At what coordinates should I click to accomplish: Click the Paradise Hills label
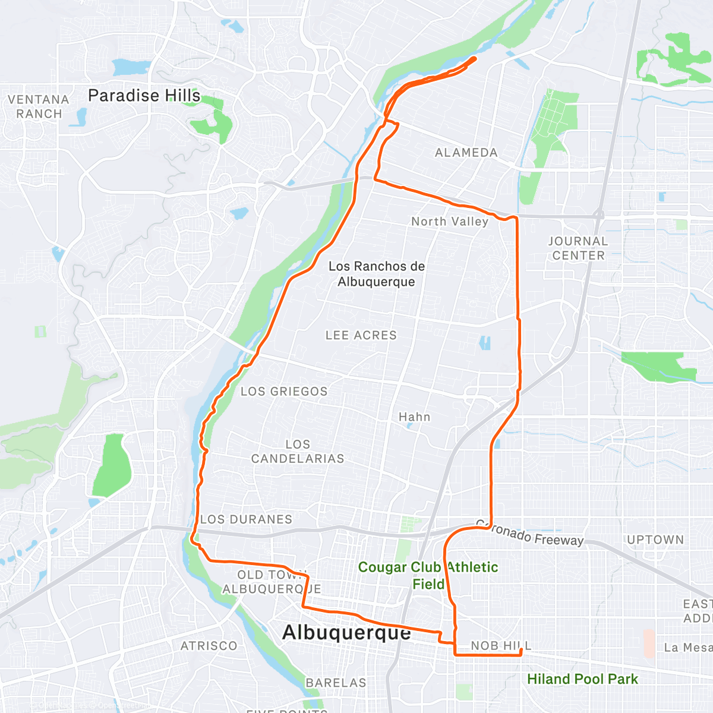144,96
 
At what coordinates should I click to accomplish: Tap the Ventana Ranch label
39,107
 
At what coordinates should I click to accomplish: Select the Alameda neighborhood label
466,153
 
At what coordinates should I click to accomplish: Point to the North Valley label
449,222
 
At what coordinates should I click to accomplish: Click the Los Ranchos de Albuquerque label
377,274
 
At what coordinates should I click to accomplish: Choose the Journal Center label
578,248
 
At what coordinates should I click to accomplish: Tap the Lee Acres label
361,335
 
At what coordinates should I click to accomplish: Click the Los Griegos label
284,392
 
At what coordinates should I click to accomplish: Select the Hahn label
414,417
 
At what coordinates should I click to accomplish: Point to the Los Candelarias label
298,452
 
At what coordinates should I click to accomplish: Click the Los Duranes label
246,519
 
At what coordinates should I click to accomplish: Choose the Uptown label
655,540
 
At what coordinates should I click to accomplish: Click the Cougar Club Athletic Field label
428,575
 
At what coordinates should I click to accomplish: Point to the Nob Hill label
501,646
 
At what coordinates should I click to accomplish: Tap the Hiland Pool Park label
582,679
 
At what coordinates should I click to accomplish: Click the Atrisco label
209,646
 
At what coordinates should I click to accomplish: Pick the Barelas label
336,683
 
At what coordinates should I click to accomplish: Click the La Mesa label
687,648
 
